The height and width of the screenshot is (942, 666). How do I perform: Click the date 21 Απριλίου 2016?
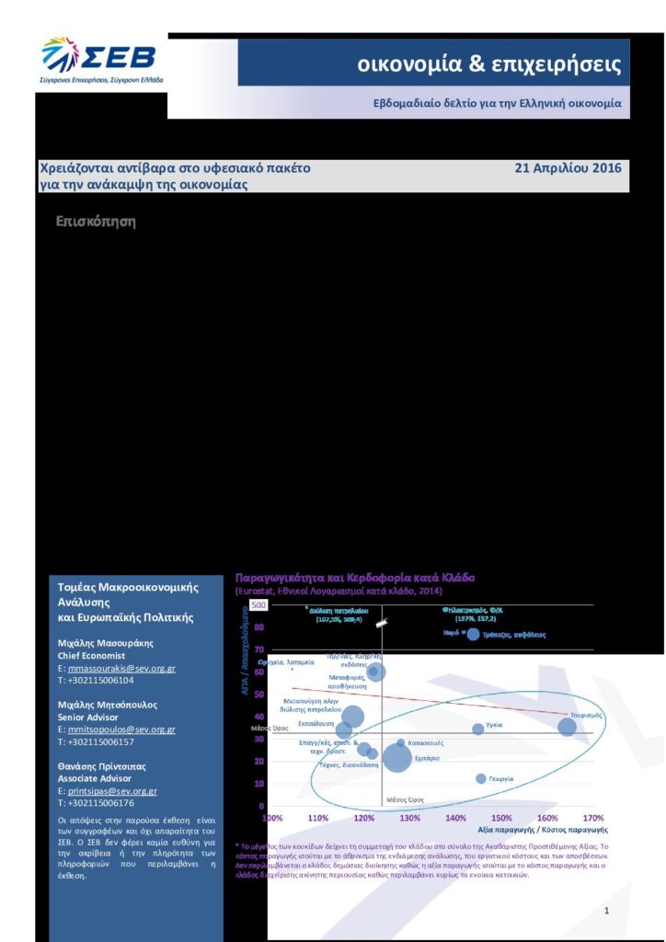568,168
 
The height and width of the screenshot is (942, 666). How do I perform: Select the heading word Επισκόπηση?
96,222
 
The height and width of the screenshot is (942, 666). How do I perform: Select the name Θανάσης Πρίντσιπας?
106,765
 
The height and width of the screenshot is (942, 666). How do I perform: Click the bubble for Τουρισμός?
568,727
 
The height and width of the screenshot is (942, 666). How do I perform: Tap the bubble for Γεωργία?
480,778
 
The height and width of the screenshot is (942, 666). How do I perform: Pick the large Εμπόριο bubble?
397,758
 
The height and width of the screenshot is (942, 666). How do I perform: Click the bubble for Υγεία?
477,729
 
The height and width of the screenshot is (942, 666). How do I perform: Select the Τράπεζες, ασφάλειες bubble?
473,634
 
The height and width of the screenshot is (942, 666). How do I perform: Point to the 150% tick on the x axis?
501,818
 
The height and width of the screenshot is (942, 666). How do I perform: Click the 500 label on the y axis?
258,606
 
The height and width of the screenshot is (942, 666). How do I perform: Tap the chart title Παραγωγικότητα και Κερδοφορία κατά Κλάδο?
355,578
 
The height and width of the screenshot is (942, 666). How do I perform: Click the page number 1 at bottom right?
607,911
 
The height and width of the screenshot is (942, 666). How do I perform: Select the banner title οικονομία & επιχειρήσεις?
489,65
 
